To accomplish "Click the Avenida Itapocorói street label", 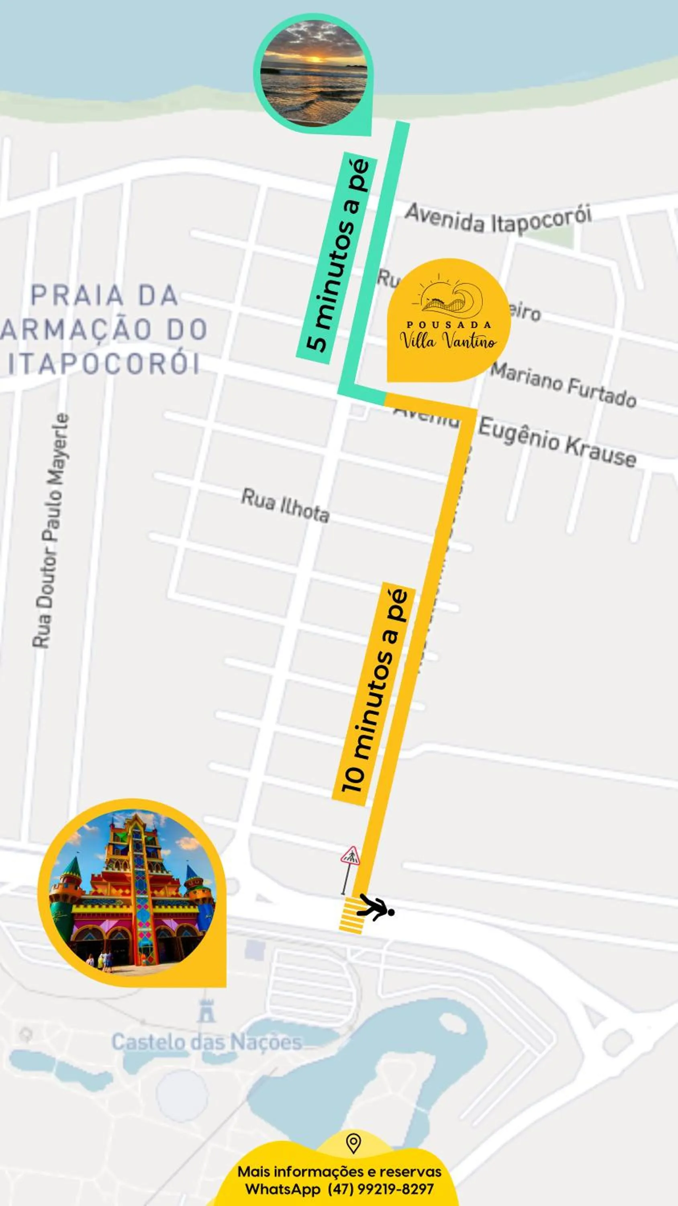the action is [x=498, y=219].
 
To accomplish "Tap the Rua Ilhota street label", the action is [x=285, y=506].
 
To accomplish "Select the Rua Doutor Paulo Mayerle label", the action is [x=51, y=531].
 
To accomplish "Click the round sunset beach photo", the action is [x=314, y=73].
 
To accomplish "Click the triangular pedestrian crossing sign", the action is [x=350, y=855].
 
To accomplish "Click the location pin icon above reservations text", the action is [x=353, y=1143].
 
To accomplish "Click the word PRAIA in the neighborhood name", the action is [x=77, y=295].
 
